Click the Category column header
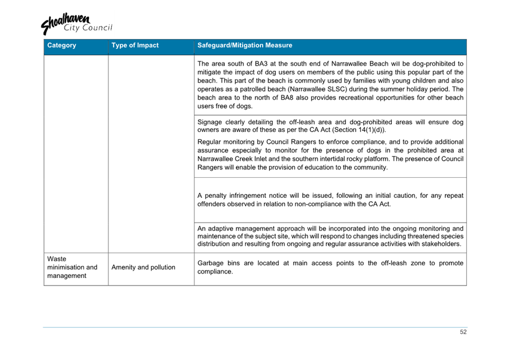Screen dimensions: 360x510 coord(61,45)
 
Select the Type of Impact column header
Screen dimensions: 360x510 coord(135,45)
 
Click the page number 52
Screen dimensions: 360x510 coord(463,332)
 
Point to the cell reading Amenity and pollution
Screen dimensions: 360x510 coord(144,267)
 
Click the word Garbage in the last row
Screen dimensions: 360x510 coord(211,263)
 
